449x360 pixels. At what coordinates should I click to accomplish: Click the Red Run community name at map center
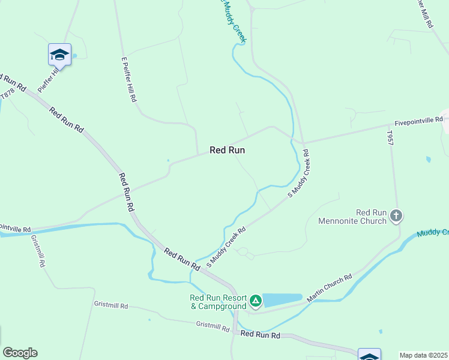pos(227,151)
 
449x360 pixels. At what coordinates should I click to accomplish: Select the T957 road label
pos(390,139)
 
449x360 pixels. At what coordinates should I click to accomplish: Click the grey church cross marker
pos(396,215)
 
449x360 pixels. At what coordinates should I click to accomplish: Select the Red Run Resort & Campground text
pos(218,302)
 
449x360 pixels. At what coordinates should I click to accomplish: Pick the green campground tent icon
pos(256,300)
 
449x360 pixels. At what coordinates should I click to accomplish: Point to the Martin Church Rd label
pos(329,289)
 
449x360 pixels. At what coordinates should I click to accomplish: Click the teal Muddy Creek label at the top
pos(230,22)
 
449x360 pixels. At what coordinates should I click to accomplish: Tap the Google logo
pos(20,353)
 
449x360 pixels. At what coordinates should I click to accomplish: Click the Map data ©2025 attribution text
pos(424,355)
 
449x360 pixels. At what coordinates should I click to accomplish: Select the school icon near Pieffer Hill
pos(59,55)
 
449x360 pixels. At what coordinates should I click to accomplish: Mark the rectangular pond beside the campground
pos(282,300)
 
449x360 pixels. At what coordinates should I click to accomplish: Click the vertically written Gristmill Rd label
pos(38,251)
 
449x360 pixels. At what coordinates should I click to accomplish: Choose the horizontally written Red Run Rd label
pos(260,335)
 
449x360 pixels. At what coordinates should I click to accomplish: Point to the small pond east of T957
pos(427,160)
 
